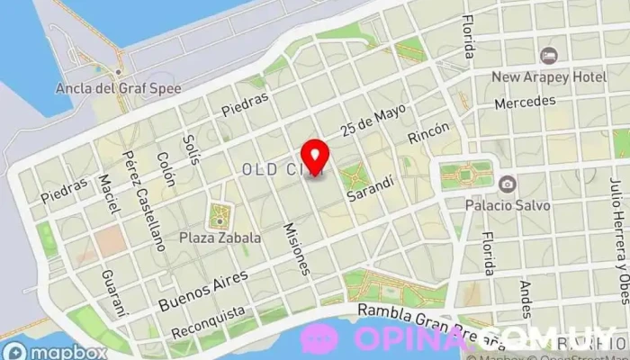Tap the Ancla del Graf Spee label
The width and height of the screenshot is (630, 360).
coord(118,88)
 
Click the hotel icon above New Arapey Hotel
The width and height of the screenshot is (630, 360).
coord(549,55)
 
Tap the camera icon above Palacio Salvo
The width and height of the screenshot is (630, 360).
coord(507,184)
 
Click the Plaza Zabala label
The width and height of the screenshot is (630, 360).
coord(220,238)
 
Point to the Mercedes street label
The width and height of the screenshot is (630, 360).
coord(525,102)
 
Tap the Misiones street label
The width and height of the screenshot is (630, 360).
coord(300,248)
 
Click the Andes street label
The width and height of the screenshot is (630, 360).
coord(526,300)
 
